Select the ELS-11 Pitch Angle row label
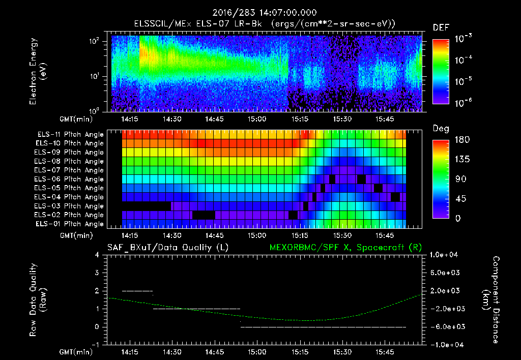click(x=70, y=134)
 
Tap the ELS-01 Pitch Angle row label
click(x=70, y=224)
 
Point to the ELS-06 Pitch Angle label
click(x=70, y=179)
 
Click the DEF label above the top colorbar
click(x=440, y=27)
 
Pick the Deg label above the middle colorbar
click(x=440, y=129)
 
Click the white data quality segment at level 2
click(x=137, y=291)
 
